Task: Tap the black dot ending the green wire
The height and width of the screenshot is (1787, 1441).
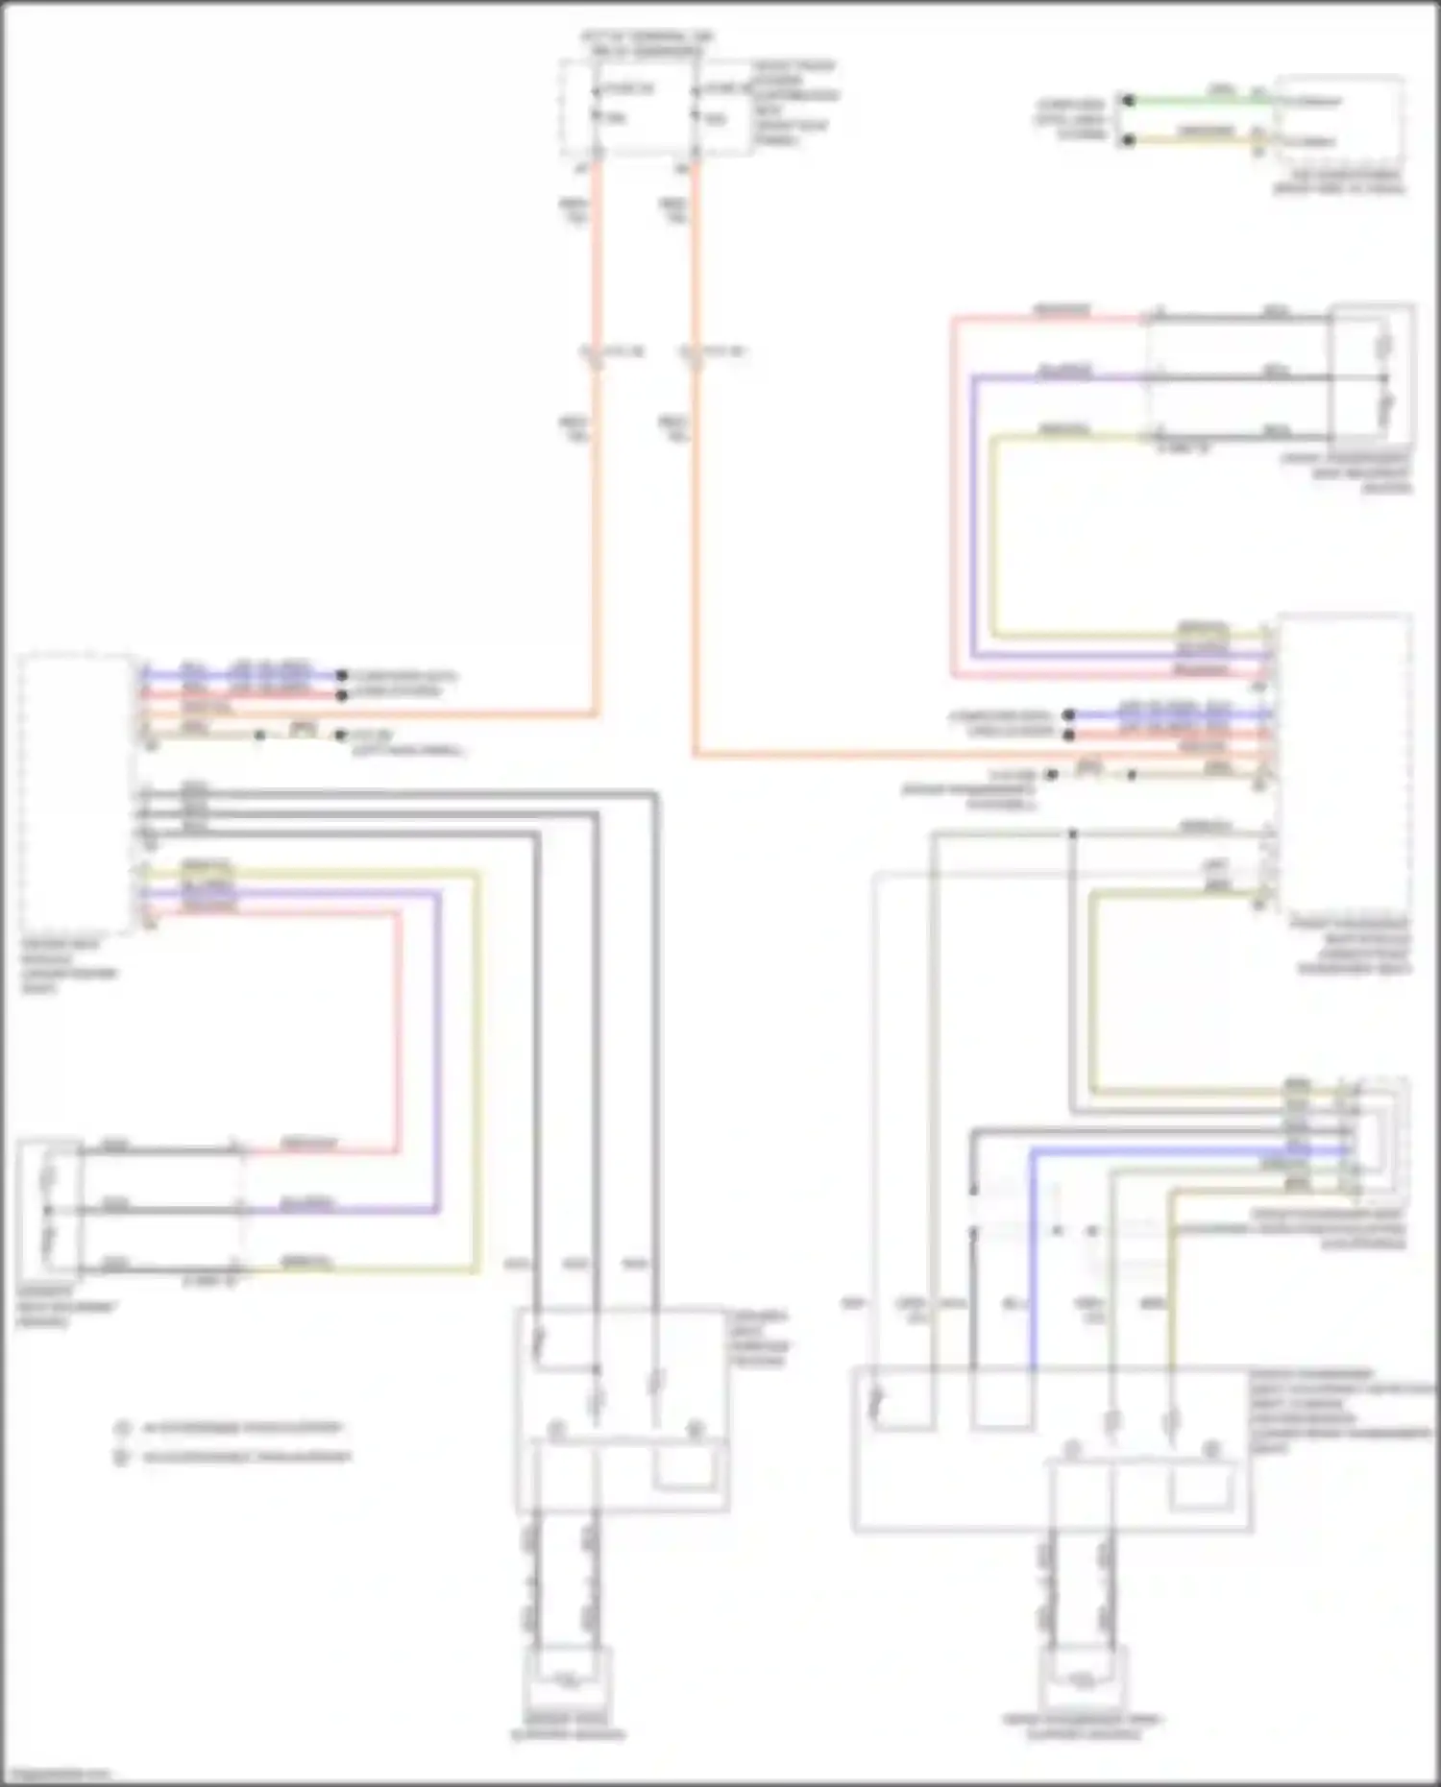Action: tap(1130, 100)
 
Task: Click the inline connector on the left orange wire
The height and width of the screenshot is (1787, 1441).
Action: tap(593, 353)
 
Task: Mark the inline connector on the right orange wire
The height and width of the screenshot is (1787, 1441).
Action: tap(690, 353)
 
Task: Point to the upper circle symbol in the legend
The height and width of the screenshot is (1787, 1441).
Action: tap(122, 1429)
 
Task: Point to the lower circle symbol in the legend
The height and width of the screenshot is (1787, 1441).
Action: tap(122, 1458)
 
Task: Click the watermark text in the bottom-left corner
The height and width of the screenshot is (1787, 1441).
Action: tap(56, 1775)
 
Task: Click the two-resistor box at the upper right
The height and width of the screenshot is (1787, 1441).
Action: tap(1372, 376)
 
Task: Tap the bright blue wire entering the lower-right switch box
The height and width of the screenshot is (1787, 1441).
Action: tap(1034, 1268)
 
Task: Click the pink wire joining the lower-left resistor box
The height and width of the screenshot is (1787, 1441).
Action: tap(398, 1037)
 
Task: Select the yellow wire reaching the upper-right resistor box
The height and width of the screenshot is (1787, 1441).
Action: tap(995, 538)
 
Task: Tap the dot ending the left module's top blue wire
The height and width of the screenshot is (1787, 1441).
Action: tap(341, 675)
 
